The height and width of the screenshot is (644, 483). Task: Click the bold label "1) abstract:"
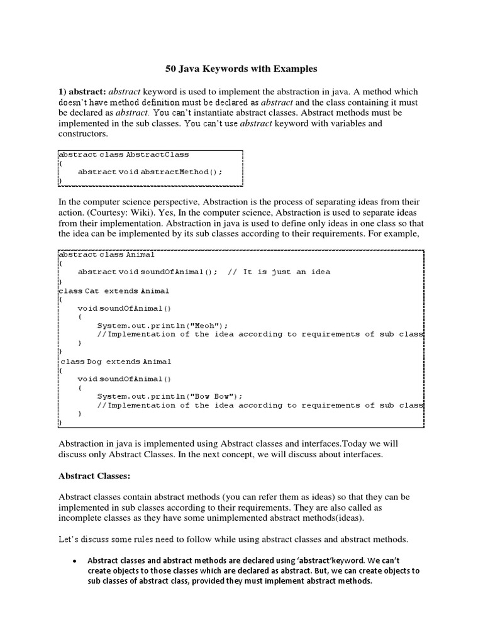[x=86, y=92]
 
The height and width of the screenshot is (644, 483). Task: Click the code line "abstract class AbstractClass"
[x=123, y=154]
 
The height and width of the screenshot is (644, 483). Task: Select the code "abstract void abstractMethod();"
[x=150, y=171]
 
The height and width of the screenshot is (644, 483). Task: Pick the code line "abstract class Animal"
[x=106, y=255]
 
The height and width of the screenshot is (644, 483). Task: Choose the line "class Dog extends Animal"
[x=116, y=362]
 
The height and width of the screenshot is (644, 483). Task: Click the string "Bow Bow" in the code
[x=216, y=397]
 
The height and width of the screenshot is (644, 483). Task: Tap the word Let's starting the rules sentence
[x=69, y=540]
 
